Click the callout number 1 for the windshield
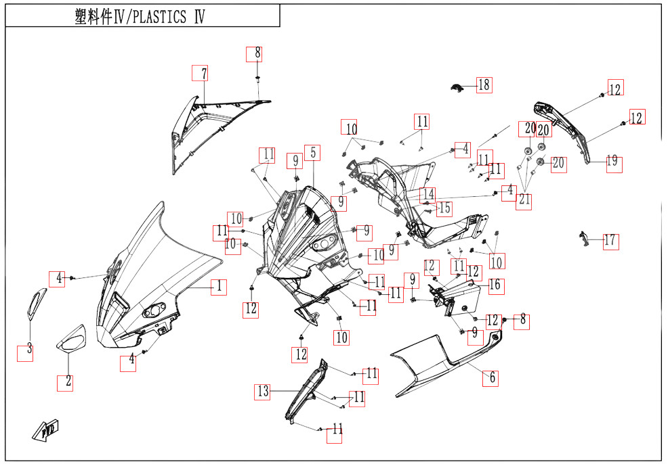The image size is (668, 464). click(x=217, y=287)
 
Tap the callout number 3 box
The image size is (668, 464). click(x=25, y=352)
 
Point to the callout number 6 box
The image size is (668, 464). click(x=490, y=377)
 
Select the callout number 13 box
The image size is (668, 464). click(x=262, y=391)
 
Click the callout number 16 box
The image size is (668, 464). click(x=496, y=285)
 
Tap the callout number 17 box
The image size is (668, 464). click(x=611, y=241)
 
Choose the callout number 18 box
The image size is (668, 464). click(x=484, y=85)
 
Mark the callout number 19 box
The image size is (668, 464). click(x=614, y=163)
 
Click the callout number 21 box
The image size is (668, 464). click(x=524, y=200)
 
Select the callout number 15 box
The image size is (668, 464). click(x=444, y=208)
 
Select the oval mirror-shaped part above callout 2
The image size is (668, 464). click(x=71, y=338)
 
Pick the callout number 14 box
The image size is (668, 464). click(x=428, y=195)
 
